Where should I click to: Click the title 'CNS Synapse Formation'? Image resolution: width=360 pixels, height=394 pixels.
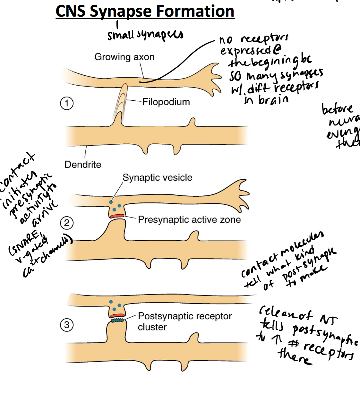pos(145,11)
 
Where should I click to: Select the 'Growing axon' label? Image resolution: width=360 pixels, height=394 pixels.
pos(124,57)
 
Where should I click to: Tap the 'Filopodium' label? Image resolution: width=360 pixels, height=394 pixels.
pos(166,102)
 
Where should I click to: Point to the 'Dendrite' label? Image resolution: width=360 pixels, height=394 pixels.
pos(83,165)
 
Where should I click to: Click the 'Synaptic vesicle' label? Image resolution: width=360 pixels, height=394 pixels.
pos(157,177)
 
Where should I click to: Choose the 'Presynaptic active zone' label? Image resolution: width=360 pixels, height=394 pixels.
pos(189,220)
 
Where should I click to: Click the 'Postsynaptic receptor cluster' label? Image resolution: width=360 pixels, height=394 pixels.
pos(184,321)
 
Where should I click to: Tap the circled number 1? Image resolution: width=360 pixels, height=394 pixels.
pos(67,103)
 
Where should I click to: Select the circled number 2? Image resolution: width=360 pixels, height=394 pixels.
pos(67,223)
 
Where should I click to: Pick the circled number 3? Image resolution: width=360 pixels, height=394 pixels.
pos(67,325)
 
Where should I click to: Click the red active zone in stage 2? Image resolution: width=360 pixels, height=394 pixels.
pos(117,216)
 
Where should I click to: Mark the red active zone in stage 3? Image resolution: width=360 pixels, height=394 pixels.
pos(117,316)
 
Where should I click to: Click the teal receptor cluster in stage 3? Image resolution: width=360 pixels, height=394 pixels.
pos(117,321)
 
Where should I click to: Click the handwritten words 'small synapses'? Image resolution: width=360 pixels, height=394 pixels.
pos(145,35)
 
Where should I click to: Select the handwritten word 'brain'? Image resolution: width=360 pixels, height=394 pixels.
pos(273,100)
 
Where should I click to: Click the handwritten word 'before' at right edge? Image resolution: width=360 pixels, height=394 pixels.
pos(337,109)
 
